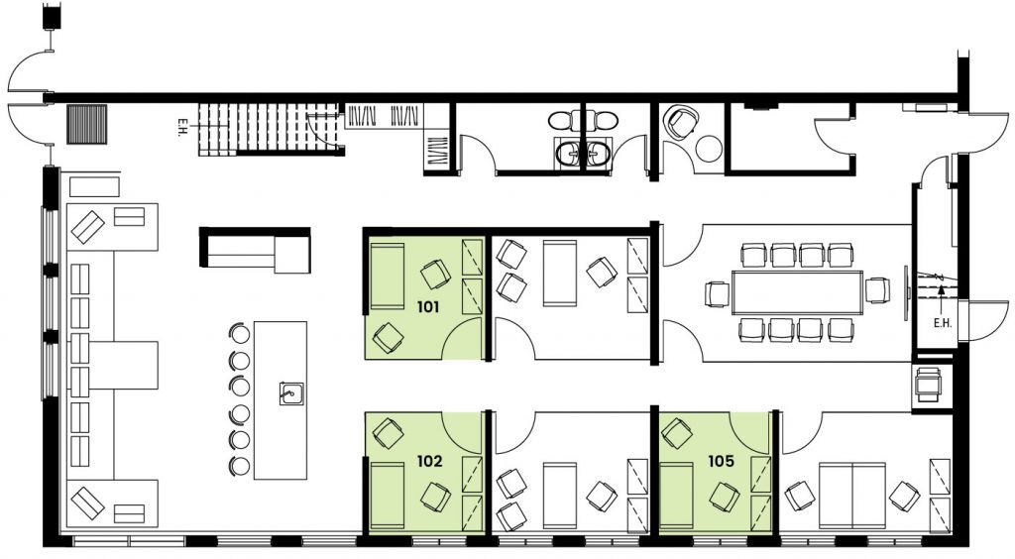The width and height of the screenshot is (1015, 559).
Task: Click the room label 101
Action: point(428,306)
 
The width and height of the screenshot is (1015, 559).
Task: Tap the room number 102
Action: point(430,461)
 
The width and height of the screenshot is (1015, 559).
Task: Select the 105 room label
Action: point(722,461)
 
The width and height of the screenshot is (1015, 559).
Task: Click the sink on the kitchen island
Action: point(292,392)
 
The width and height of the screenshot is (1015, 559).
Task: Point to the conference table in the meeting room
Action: point(798,292)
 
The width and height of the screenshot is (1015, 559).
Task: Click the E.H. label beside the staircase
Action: point(184,122)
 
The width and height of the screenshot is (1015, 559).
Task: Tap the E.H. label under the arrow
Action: point(943,323)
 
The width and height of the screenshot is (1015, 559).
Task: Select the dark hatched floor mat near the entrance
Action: point(87,124)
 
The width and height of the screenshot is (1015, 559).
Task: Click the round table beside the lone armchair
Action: point(710,149)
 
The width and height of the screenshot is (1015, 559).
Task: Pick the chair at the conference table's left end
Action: point(718,293)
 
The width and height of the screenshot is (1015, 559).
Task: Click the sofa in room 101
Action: point(386,277)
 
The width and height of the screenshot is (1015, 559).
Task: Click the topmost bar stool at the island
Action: point(240,334)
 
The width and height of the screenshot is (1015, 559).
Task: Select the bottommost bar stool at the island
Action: point(240,465)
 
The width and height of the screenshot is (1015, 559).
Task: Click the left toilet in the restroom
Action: point(560,121)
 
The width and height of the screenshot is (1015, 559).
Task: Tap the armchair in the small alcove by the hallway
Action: point(680,122)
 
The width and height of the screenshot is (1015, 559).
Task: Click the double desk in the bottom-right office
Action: point(852,495)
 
